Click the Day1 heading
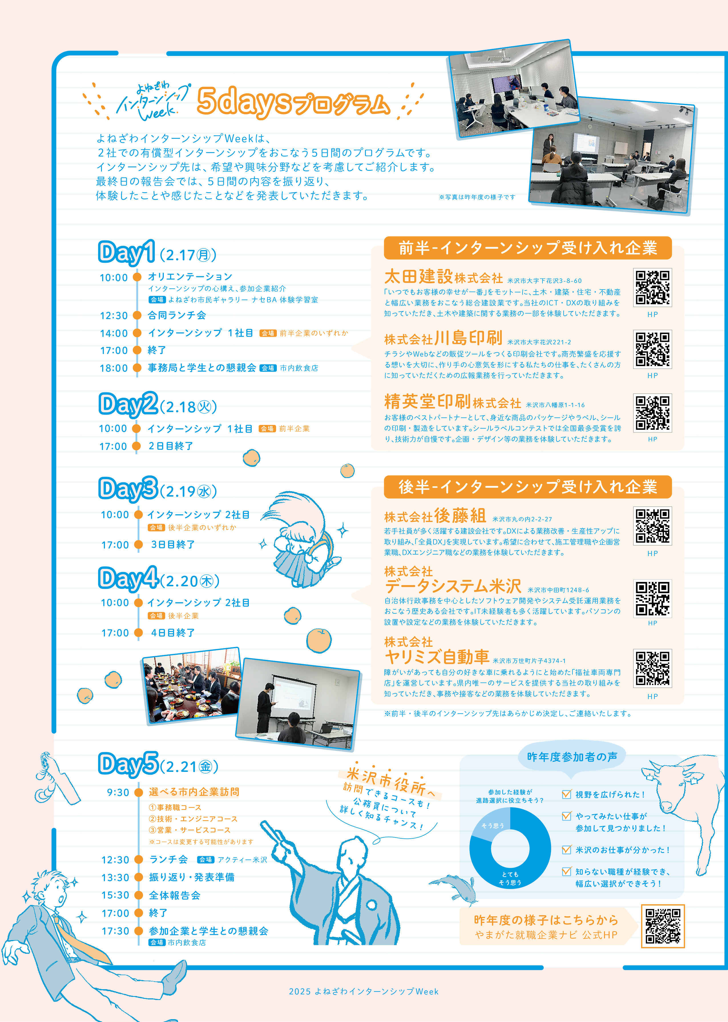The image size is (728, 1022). tap(127, 252)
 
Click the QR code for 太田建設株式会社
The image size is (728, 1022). tap(652, 288)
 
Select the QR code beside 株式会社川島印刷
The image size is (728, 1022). tap(652, 349)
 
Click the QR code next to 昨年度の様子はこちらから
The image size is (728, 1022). tap(663, 926)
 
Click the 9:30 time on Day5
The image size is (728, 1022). tap(118, 792)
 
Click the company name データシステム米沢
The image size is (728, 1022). tap(453, 586)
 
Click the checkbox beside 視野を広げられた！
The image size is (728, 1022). tap(567, 794)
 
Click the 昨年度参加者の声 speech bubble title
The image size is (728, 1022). tap(572, 757)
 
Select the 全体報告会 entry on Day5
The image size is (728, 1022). tap(175, 895)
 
